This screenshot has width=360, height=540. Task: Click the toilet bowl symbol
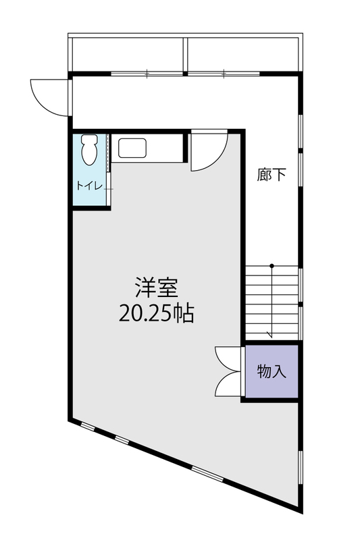coord(90,149)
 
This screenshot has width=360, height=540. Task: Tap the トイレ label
coord(90,186)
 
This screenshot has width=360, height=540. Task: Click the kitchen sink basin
coord(132,148)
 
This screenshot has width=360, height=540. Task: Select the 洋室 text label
coord(157,288)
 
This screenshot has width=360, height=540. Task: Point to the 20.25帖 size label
coord(157,313)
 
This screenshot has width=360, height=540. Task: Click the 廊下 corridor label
coord(272,175)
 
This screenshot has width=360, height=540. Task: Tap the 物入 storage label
coord(272,371)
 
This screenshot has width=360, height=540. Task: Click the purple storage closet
coord(272,371)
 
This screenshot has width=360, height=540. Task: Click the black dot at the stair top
coord(272,265)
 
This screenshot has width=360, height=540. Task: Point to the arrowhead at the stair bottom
coord(270,334)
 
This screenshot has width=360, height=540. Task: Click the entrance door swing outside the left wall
coord(49,97)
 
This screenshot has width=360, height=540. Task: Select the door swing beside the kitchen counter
coord(209,151)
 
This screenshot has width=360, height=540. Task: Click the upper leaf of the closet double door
coord(228,359)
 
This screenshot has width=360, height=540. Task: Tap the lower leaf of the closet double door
coord(228,384)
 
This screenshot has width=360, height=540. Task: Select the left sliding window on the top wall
coord(147,74)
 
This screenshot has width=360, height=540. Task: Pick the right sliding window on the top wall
coord(224,74)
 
